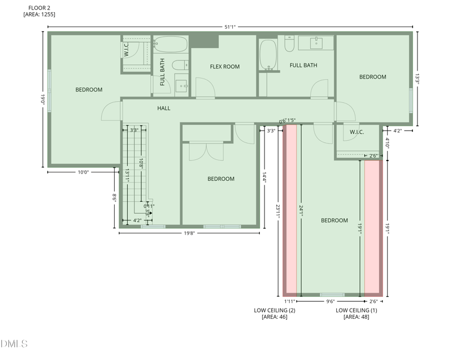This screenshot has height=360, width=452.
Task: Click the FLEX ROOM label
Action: (x=225, y=67)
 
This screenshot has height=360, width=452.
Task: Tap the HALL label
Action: (x=163, y=109)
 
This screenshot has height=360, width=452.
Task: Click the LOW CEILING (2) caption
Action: (x=275, y=310)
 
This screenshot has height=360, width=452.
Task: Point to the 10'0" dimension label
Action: (x=83, y=172)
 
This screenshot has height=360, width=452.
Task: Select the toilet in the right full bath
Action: (x=289, y=44)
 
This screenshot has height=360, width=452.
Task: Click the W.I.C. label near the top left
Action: (x=127, y=49)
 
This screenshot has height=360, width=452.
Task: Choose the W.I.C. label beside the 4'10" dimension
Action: (x=357, y=133)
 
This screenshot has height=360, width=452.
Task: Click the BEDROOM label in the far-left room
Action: (x=89, y=90)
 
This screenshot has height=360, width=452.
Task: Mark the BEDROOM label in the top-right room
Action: (x=373, y=77)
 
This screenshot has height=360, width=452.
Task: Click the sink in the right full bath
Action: (x=315, y=42)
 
